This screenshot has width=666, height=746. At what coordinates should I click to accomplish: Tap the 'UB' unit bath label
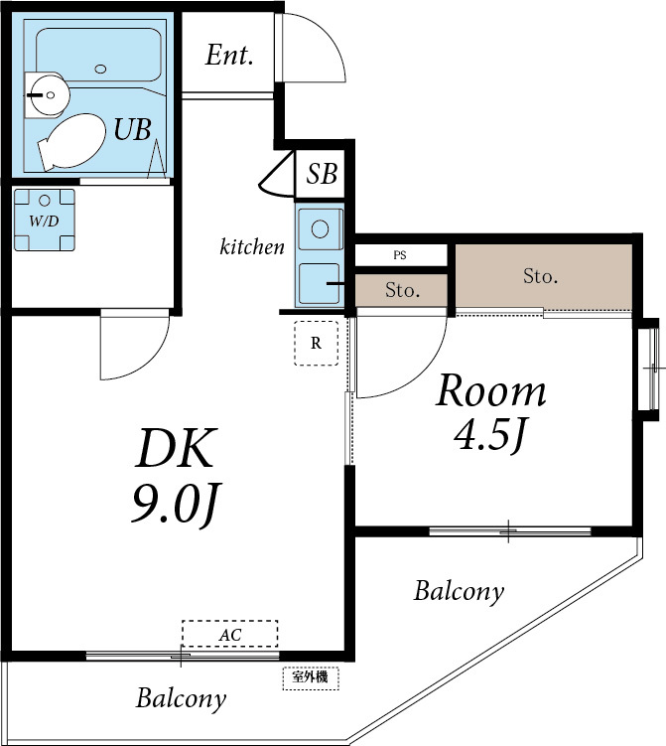point(132,129)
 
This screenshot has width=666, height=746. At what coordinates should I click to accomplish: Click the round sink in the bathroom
point(46,95)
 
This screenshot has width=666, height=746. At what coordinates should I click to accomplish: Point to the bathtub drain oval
point(99,69)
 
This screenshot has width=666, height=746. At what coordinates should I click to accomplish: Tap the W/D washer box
point(44,221)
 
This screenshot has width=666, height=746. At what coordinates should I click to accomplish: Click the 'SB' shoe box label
point(322,175)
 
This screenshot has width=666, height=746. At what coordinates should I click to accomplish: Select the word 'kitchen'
point(252,246)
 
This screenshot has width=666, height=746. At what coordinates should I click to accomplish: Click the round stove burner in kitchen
point(321,228)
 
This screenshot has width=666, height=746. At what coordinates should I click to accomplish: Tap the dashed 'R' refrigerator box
point(317,344)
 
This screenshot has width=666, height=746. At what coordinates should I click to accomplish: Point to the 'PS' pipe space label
point(400,255)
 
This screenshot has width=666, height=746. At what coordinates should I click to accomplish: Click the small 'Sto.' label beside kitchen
point(402,291)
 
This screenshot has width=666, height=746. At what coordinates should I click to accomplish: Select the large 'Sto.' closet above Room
point(541,276)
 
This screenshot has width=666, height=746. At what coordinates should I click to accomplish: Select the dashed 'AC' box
point(229,634)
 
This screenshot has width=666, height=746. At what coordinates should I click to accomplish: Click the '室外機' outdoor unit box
point(311,678)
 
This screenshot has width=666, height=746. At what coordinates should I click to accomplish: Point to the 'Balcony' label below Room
point(459,592)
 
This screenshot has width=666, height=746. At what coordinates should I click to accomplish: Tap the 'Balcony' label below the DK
point(181,698)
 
